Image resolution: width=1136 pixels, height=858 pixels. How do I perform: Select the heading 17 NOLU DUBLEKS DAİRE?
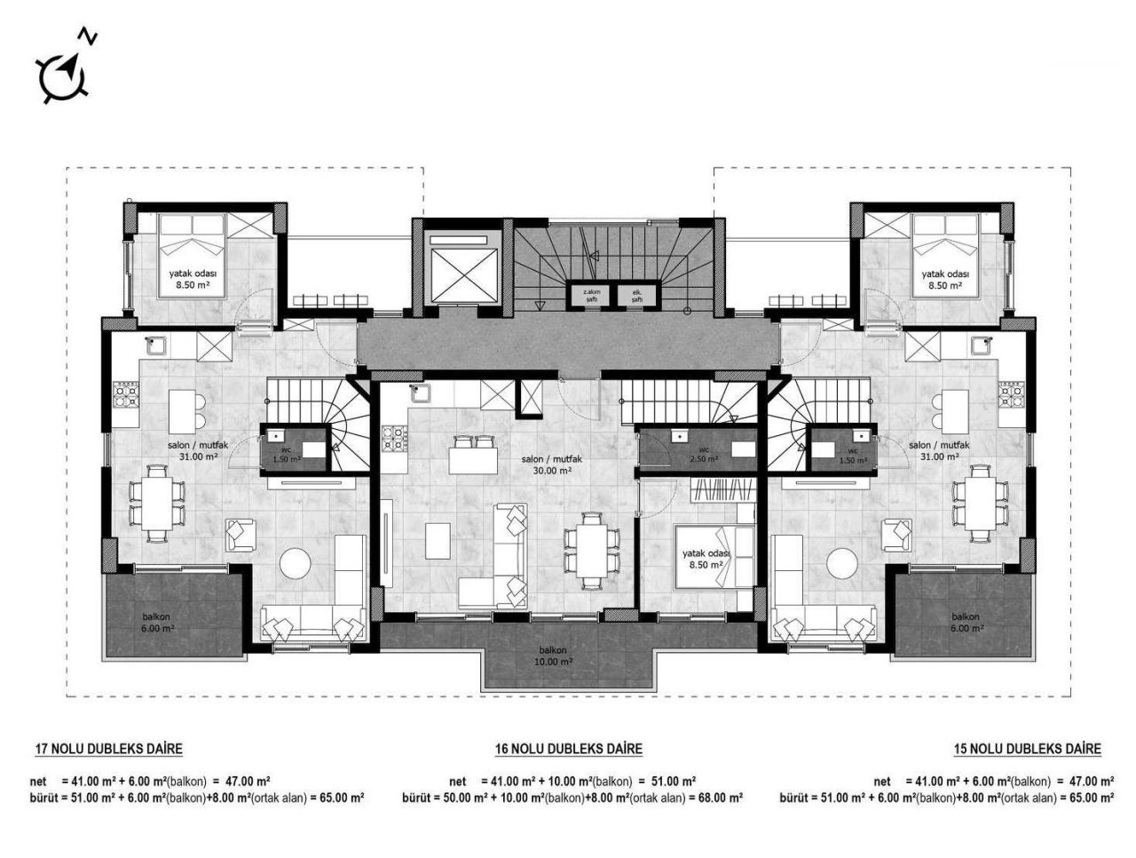(108, 749)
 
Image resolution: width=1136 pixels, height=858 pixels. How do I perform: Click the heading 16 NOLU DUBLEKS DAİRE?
(568, 749)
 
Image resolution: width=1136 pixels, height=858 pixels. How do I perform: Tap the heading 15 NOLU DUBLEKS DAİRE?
(1027, 749)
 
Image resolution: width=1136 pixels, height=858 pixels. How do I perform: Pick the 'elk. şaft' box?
(636, 296)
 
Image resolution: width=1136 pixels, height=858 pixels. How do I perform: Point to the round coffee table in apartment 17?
(296, 562)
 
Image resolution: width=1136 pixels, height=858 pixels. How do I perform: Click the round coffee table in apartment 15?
(841, 562)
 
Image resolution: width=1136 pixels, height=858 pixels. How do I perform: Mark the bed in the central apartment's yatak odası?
(714, 555)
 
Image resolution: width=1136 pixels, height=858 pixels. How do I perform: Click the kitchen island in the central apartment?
(473, 461)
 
